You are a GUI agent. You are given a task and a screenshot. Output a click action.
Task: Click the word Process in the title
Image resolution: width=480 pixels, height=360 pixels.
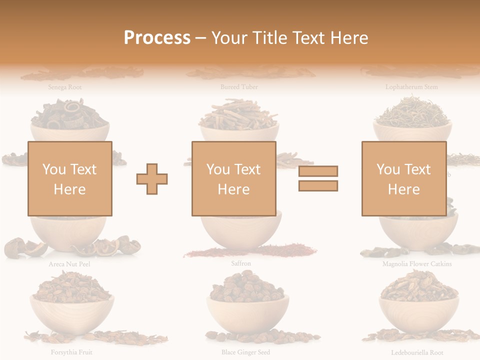[157, 37]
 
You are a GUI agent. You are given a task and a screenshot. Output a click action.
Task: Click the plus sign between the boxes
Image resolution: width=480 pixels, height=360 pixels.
[152, 179]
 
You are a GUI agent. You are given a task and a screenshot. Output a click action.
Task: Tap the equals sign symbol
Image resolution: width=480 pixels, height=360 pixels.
[318, 178]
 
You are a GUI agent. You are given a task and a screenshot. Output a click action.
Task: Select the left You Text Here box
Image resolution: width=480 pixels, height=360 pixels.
[69, 178]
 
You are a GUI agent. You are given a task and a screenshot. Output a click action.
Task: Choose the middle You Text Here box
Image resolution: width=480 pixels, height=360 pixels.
[233, 178]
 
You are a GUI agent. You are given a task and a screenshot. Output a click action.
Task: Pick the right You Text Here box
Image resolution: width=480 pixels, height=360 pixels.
[403, 178]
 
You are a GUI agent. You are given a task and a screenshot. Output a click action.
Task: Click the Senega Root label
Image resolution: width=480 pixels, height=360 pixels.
[65, 87]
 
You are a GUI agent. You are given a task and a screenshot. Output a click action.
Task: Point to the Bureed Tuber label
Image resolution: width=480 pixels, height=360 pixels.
[239, 87]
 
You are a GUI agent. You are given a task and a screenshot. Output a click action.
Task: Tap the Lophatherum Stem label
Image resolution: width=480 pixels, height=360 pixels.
[411, 87]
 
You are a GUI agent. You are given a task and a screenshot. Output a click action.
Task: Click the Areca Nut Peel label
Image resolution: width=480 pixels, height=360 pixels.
[69, 264]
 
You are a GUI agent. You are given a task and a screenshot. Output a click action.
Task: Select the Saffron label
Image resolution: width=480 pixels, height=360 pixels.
[241, 263]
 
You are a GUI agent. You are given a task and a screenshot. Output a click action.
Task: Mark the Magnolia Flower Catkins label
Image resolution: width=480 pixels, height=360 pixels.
[417, 263]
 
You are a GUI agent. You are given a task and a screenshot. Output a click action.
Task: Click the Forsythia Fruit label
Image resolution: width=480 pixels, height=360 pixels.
[71, 352]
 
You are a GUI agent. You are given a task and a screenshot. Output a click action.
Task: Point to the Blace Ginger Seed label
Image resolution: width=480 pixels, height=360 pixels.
[245, 352]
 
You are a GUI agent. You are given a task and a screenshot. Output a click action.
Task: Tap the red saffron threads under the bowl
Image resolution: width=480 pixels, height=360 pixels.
[250, 251]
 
